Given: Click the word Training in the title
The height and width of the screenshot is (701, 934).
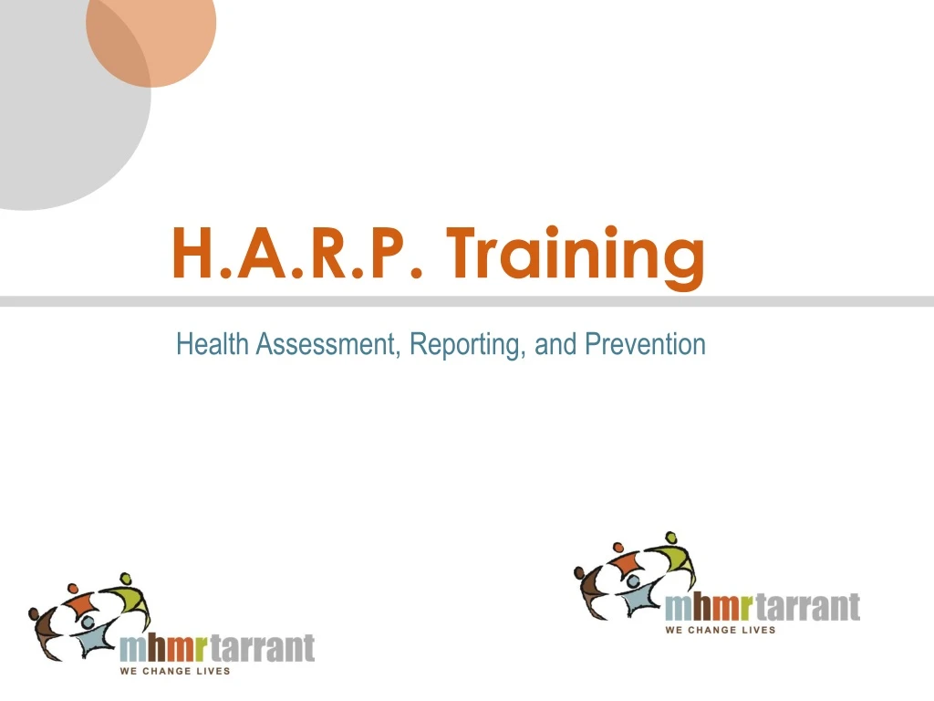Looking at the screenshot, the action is click(x=576, y=257).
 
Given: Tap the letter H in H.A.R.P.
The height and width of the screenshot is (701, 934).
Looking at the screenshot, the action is click(x=194, y=253).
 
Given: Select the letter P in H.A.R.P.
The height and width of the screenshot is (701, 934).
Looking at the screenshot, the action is click(x=390, y=253).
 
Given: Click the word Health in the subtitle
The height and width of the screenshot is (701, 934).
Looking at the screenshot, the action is click(x=212, y=344).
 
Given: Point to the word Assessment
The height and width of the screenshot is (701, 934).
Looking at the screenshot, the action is click(x=325, y=344).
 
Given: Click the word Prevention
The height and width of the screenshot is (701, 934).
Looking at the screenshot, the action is click(x=645, y=344).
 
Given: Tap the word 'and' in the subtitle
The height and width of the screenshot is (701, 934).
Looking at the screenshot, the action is click(x=555, y=344).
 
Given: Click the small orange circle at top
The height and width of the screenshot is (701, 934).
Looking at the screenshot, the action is click(x=151, y=37).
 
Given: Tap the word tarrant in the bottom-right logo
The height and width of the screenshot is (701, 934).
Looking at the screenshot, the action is click(x=808, y=607).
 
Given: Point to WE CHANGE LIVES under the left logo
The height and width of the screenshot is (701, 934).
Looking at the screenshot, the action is click(x=175, y=671).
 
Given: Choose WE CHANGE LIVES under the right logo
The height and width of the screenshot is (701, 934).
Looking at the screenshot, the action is click(x=721, y=630).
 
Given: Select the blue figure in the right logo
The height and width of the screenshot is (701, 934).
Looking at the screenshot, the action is click(x=638, y=596).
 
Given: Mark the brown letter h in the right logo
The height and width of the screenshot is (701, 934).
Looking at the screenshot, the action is click(x=703, y=607).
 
